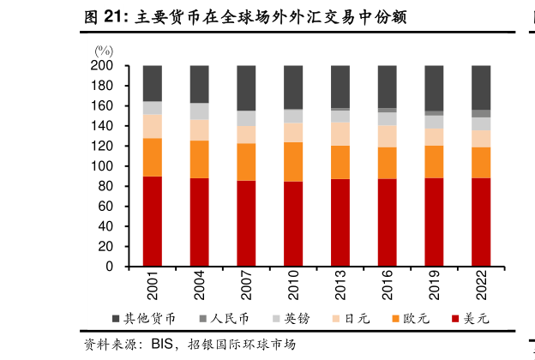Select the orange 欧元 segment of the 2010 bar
pos(293,161)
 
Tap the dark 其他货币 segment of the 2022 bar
pos(481,87)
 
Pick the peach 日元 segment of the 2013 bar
pos(340,134)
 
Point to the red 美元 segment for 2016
pos(388,222)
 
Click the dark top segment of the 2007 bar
pos(246,87)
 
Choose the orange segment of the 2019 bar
pos(434,162)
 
